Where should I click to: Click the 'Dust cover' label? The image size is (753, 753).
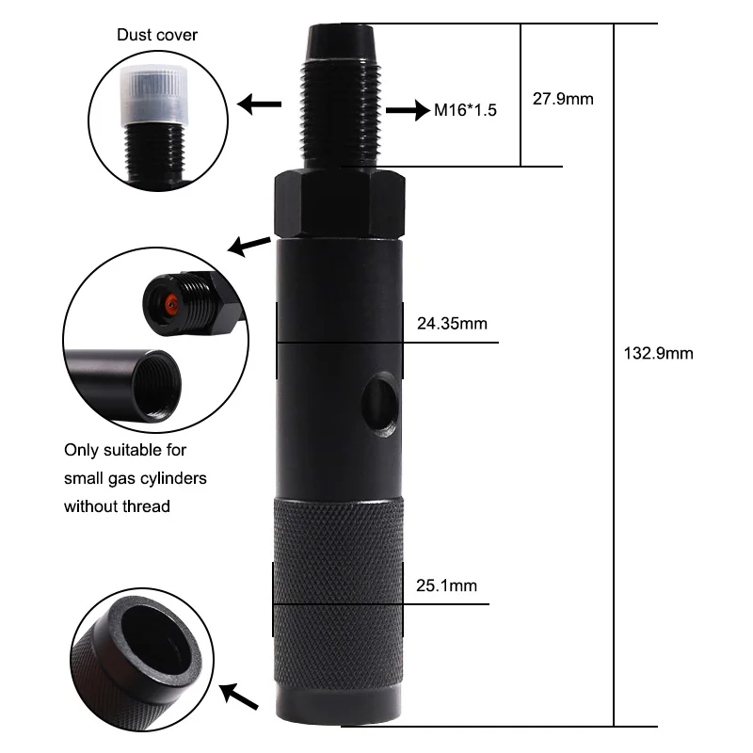(157, 36)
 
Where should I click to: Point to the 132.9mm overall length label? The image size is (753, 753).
(658, 354)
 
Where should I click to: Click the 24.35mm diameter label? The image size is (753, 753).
(452, 325)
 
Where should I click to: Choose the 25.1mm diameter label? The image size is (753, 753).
(446, 585)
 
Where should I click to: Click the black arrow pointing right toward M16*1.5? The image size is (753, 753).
(406, 109)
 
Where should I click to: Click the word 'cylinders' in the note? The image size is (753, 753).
(171, 478)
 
